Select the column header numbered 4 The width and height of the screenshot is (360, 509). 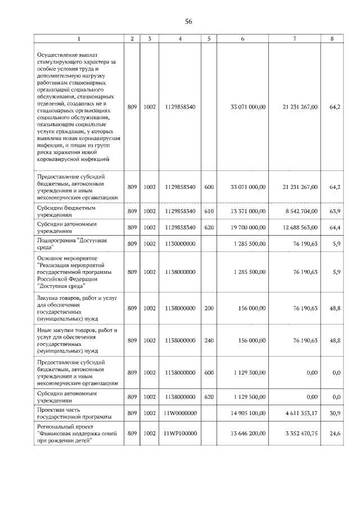tap(179, 38)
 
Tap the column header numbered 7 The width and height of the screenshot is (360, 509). tap(295, 38)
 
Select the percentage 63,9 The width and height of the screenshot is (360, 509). tap(334, 211)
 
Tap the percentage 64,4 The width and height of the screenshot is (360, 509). tap(334, 227)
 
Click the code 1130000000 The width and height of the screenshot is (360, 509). tap(179, 244)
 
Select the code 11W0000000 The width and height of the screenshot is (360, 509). tap(179, 413)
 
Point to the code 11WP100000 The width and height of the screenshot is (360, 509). tap(179, 434)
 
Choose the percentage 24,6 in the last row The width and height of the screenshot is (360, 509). tap(334, 434)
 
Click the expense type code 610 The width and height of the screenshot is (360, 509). tap(209, 211)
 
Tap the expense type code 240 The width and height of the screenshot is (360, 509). tap(209, 340)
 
